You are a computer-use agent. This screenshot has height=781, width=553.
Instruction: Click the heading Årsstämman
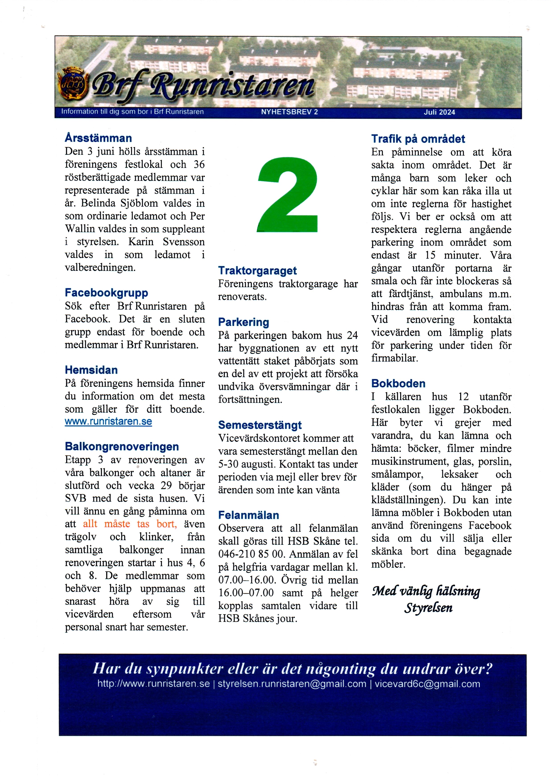98,138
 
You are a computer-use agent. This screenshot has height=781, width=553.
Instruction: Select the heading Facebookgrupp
106,293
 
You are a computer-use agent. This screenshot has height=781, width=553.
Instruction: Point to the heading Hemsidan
91,370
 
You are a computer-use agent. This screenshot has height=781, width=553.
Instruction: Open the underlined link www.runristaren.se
108,422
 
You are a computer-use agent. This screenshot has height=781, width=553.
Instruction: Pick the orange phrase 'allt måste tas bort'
130,524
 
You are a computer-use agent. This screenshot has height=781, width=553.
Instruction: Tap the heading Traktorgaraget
257,271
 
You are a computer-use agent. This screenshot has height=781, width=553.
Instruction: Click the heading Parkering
243,322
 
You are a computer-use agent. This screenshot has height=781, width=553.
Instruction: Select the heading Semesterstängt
260,425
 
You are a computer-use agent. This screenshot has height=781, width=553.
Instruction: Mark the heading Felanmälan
249,515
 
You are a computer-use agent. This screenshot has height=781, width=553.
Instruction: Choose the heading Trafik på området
418,139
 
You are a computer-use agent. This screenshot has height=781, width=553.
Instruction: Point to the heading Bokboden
398,384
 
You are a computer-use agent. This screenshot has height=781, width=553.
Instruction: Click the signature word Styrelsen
428,608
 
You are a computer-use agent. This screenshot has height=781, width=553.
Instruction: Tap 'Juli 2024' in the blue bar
439,112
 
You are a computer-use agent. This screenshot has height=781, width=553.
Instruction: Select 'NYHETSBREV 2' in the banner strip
289,112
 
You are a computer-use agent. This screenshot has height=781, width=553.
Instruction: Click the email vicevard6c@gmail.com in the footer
427,684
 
